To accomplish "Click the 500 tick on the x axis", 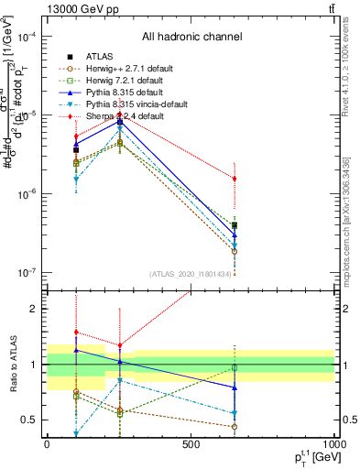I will point(191,443).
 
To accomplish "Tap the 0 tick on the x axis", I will point(47,443).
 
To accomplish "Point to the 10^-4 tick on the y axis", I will point(27,37).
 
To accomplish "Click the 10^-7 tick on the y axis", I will point(27,273).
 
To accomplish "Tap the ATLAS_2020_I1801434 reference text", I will point(191,274).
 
